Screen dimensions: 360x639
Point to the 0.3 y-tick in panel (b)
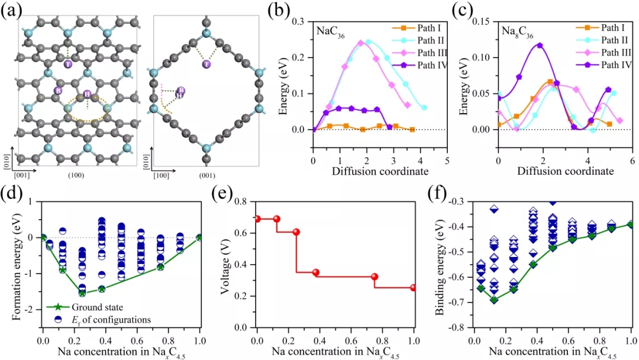coord(302,21)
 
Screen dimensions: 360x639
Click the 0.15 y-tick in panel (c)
coord(485,21)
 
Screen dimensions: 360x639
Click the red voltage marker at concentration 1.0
coord(414,288)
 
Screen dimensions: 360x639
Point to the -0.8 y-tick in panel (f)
coord(459,327)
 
